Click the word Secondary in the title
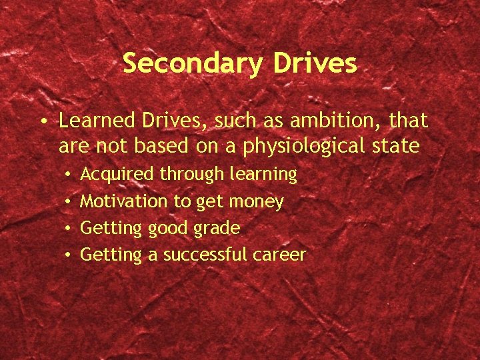coord(192,63)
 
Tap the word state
coord(399,146)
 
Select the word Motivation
coord(125,201)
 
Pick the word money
coord(257,201)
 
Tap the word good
coord(168,229)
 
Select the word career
coord(279,255)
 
